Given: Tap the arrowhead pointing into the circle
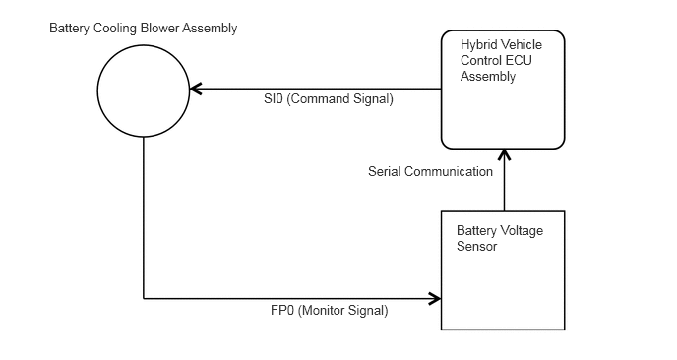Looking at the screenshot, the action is (196, 89).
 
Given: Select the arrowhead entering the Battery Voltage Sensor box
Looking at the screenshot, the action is (435, 298).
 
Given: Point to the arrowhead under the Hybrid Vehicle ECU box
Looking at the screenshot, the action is (504, 155).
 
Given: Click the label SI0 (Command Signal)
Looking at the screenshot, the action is (329, 98).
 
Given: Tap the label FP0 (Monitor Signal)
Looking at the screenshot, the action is (330, 311).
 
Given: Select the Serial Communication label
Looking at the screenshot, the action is (430, 171).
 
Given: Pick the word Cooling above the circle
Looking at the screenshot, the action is (113, 29).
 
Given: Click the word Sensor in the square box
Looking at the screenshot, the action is (477, 247).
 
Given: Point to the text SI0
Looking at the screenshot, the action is (274, 98).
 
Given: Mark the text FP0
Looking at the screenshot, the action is (282, 311).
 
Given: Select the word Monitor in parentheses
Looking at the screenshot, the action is (319, 311).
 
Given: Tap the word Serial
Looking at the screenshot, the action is (385, 171).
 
